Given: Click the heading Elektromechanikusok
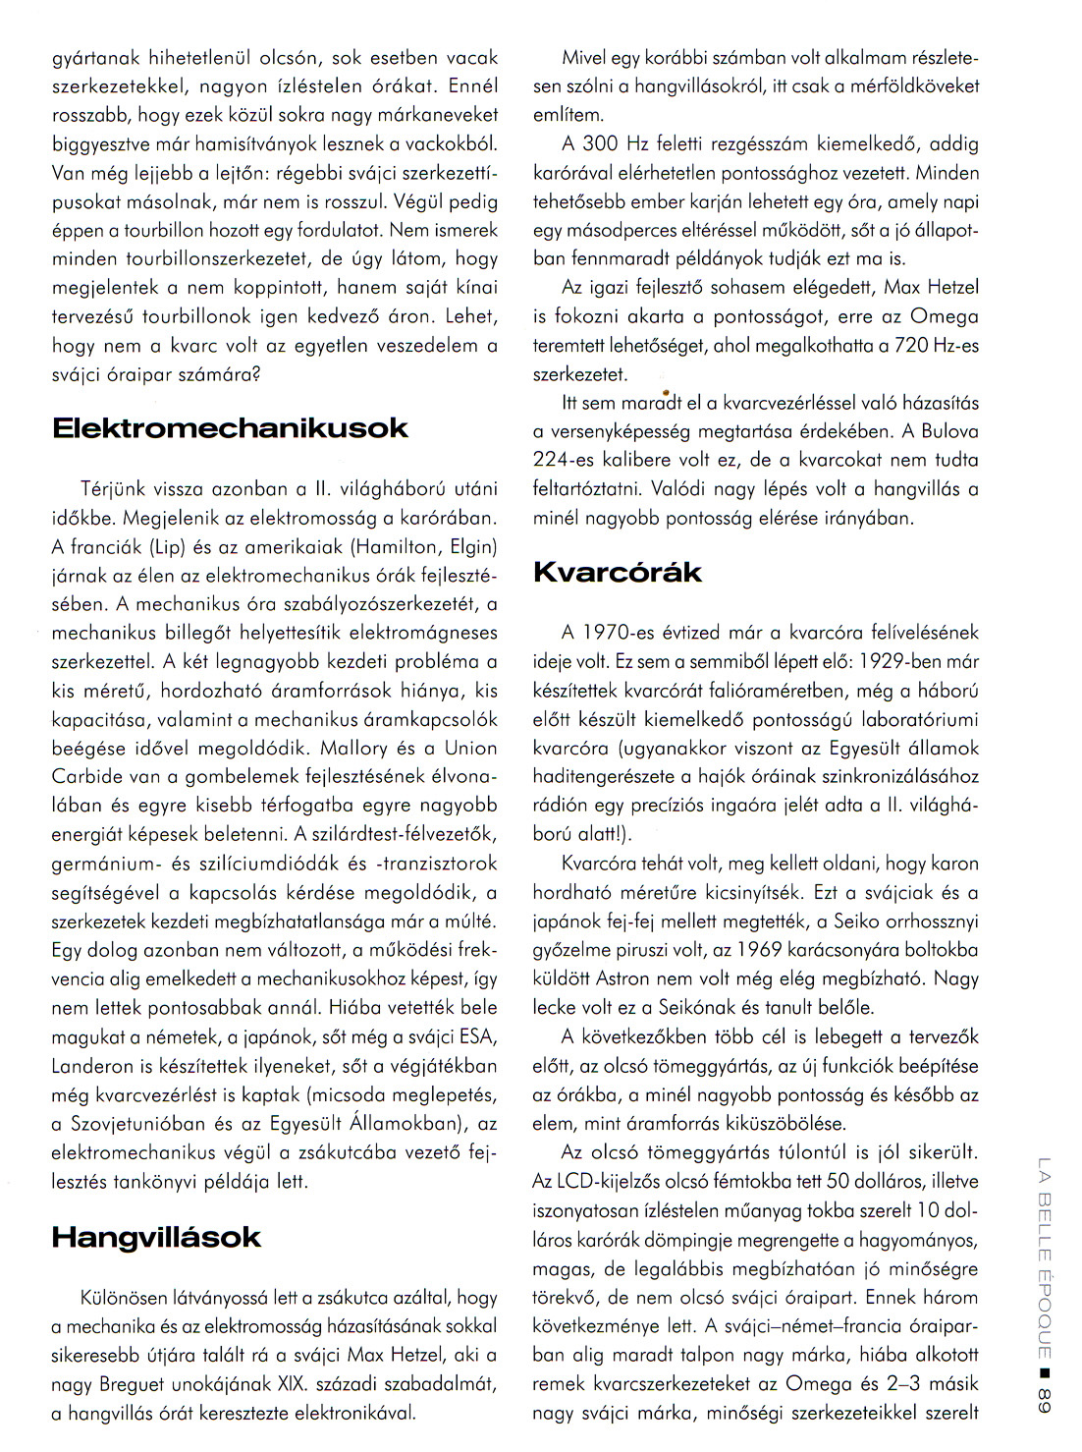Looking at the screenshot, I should pos(229,428).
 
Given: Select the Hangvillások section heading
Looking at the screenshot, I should pos(156,1237).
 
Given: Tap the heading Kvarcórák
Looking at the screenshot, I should pos(618,573).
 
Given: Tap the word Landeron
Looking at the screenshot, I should pos(91,1065).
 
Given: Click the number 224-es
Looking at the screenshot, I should pos(567,460).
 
